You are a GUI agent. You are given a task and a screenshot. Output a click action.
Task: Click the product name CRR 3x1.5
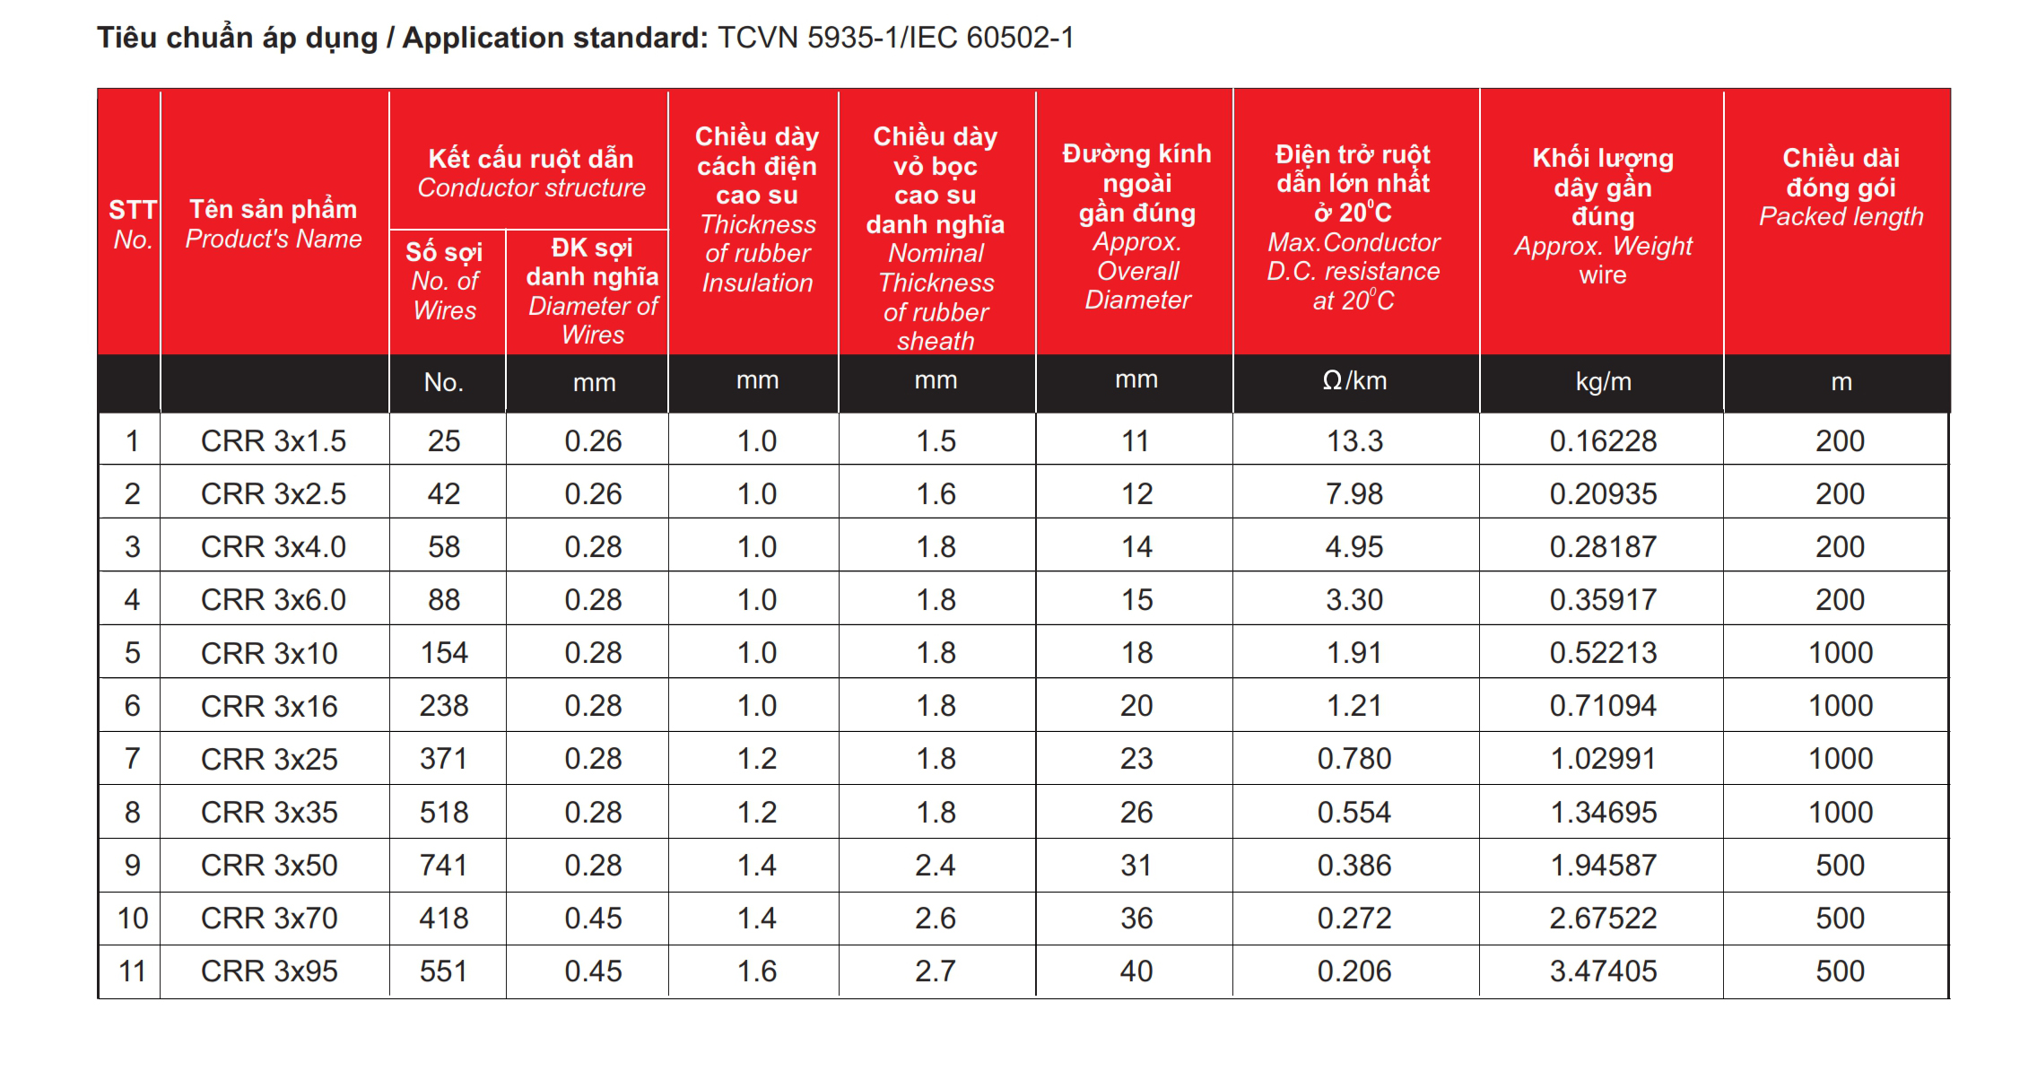coord(273,440)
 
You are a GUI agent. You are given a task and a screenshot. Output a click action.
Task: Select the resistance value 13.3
coord(1354,440)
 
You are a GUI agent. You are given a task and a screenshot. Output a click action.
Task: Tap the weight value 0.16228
coord(1603,440)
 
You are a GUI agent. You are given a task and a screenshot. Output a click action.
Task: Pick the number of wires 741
coord(444,865)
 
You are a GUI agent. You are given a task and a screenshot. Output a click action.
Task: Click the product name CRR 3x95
coord(269,971)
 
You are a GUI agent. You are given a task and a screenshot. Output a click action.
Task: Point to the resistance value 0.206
coord(1354,971)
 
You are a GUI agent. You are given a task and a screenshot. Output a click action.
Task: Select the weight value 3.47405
coord(1603,971)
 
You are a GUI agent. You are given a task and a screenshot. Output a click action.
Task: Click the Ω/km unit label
coord(1354,381)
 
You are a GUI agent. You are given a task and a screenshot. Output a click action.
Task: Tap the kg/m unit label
coord(1603,381)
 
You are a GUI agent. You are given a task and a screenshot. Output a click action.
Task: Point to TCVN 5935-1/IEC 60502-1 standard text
coord(895,38)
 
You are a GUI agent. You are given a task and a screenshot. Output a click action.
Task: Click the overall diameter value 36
coord(1136,918)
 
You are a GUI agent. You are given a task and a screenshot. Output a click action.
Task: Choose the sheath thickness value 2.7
coord(936,971)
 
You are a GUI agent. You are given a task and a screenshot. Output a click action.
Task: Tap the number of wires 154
coord(444,652)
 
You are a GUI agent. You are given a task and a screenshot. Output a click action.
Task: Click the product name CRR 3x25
coord(269,759)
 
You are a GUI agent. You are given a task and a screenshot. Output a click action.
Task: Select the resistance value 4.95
coord(1354,546)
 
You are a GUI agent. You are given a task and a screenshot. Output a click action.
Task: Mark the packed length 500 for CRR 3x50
coord(1841,865)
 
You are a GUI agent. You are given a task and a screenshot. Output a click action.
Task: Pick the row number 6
coord(132,705)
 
